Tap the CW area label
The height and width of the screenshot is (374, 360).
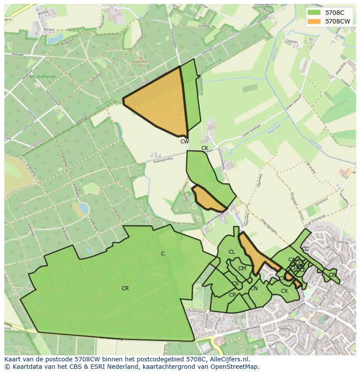tap(185, 142)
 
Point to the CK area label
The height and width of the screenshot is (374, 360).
tap(205, 148)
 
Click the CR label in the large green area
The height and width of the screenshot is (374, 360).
tap(125, 288)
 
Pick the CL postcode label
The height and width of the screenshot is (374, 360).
tap(232, 252)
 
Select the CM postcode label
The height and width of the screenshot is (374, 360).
tap(242, 268)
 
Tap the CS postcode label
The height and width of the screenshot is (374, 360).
tap(235, 284)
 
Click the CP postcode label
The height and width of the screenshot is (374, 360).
tap(233, 295)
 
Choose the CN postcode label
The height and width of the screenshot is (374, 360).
tap(254, 288)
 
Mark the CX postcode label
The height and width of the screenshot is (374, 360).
tap(284, 291)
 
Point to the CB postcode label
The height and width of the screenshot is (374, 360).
tap(332, 275)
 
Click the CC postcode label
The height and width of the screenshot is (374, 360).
tap(305, 249)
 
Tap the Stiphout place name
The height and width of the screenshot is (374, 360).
tap(318, 309)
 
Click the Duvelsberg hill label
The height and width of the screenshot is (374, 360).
tap(141, 61)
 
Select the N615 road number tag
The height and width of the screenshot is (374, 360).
tap(8, 20)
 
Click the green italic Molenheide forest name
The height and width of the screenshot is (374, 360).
tap(43, 77)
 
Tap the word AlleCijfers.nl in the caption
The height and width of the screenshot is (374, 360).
tap(230, 359)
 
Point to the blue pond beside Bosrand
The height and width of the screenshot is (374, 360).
tap(55, 40)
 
